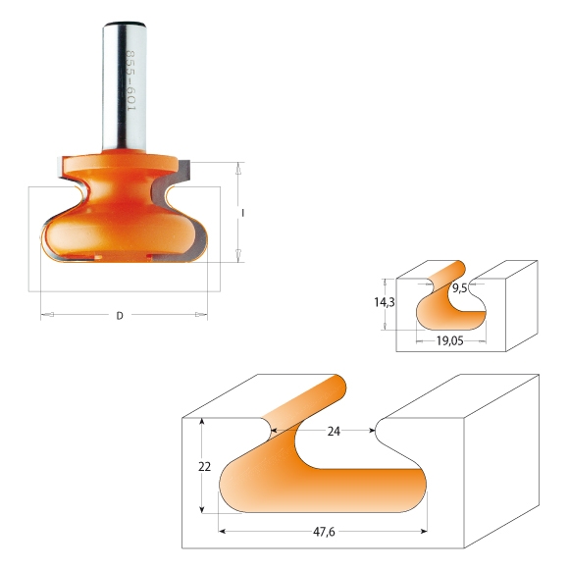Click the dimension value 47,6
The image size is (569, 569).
pos(324,532)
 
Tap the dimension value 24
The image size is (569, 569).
pos(334,431)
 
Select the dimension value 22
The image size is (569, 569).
pos(204,467)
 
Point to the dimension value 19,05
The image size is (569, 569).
pos(449,340)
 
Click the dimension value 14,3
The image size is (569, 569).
pos(385,302)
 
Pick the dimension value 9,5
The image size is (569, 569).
pos(459,288)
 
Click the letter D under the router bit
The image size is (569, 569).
pos(120,316)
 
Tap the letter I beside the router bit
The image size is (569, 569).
pos(242,213)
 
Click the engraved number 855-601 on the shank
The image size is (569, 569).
pos(129,80)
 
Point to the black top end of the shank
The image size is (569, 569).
pos(125,25)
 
